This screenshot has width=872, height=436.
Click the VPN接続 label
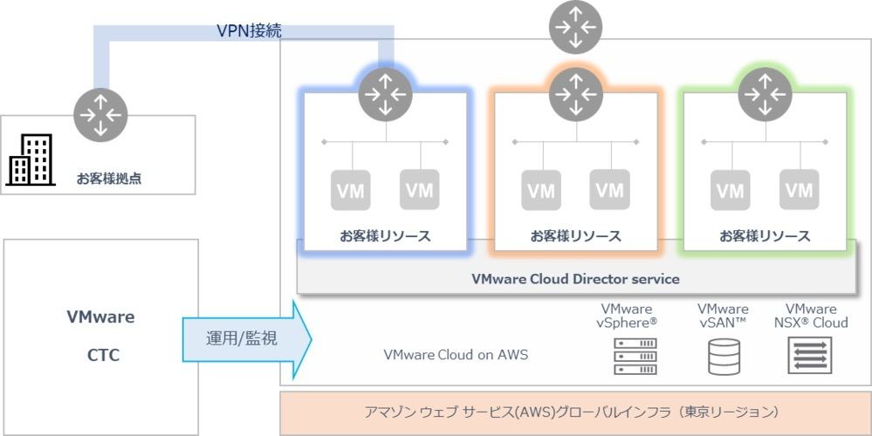tap(249, 30)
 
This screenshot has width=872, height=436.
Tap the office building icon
tap(31, 160)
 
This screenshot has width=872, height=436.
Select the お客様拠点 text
tap(109, 179)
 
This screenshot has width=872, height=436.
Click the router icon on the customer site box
tap(100, 115)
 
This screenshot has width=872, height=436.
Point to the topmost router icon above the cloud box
tap(575, 27)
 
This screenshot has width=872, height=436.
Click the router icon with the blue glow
tap(386, 95)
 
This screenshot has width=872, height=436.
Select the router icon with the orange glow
tap(576, 95)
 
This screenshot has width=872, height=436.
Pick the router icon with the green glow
tap(766, 95)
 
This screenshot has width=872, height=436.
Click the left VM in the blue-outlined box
tap(351, 190)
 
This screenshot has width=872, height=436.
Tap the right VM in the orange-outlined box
tap(610, 190)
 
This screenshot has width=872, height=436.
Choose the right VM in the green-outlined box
tap(800, 190)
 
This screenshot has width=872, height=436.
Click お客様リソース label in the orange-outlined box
tap(575, 236)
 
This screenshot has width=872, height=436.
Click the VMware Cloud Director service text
tap(575, 279)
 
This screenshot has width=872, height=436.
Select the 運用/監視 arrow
tap(247, 339)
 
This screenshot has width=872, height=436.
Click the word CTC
tap(104, 355)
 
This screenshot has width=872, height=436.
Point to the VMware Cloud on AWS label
tap(456, 354)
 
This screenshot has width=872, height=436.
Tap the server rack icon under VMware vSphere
tap(635, 357)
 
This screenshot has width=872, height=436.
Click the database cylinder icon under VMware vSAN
tap(724, 357)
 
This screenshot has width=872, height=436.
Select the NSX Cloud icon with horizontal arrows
tap(810, 356)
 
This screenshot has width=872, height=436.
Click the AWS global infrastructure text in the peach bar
tap(572, 412)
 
